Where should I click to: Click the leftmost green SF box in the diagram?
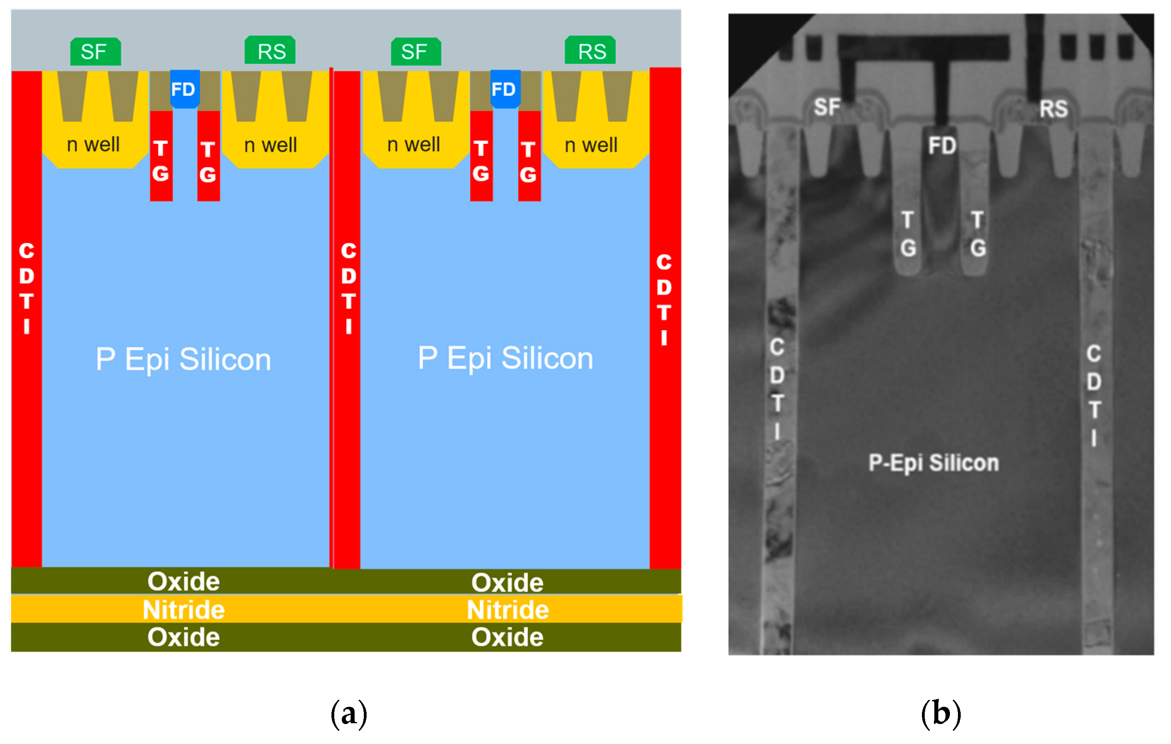(x=95, y=52)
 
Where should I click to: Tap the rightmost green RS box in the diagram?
(x=590, y=50)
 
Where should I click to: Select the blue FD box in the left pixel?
(x=184, y=90)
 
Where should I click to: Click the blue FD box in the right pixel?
(x=505, y=90)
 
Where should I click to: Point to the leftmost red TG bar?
(x=161, y=156)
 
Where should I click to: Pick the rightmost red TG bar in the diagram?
(x=529, y=156)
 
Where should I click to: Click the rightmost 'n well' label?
(x=591, y=145)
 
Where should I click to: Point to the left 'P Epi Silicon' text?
(x=184, y=360)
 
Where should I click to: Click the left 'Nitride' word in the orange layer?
(x=184, y=610)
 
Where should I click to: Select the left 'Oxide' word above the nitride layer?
(x=184, y=582)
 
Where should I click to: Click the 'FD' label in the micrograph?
(x=942, y=146)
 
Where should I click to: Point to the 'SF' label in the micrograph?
(x=827, y=107)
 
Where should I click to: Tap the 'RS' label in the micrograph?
(x=1054, y=108)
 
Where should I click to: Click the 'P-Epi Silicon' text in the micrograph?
(x=934, y=463)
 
